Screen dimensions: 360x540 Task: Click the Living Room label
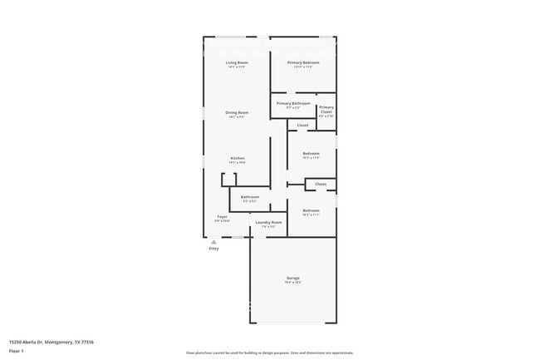pyautogui.click(x=237, y=62)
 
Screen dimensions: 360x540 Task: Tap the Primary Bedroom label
pyautogui.click(x=303, y=62)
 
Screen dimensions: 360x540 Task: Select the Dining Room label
pyautogui.click(x=237, y=112)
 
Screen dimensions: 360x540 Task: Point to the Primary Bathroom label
pyautogui.click(x=293, y=103)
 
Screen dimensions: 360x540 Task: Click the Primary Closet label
pyautogui.click(x=326, y=109)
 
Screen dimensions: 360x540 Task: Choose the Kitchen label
pyautogui.click(x=237, y=158)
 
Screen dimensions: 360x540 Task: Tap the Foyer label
pyautogui.click(x=223, y=216)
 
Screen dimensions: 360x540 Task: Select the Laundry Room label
pyautogui.click(x=268, y=222)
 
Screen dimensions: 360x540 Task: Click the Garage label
pyautogui.click(x=293, y=278)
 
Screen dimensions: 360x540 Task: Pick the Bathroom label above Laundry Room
pyautogui.click(x=250, y=197)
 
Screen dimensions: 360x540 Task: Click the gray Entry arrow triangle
pyautogui.click(x=214, y=242)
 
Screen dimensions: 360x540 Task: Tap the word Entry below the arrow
pyautogui.click(x=214, y=249)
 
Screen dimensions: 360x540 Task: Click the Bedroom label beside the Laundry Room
pyautogui.click(x=311, y=210)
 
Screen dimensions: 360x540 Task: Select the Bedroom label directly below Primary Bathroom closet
pyautogui.click(x=311, y=153)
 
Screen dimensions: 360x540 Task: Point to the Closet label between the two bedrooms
pyautogui.click(x=321, y=184)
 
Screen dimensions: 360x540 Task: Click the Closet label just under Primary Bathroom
pyautogui.click(x=303, y=126)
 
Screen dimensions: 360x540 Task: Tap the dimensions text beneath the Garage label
pyautogui.click(x=293, y=283)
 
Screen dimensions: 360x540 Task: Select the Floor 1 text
pyautogui.click(x=17, y=352)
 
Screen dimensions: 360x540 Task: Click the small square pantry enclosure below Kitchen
pyautogui.click(x=228, y=180)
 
